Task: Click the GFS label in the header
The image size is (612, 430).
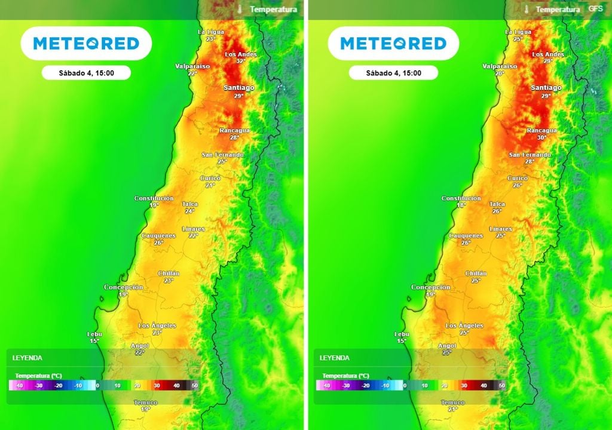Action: [595, 9]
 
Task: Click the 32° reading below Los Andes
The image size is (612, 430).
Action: [241, 61]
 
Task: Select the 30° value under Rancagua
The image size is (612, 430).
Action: [542, 137]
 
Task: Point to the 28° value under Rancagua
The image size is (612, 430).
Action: [234, 137]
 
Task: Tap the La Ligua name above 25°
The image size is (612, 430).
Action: [518, 32]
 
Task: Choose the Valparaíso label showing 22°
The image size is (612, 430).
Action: [192, 66]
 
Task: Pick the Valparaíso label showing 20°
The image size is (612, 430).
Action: [500, 66]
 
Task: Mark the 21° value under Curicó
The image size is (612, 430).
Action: [210, 185]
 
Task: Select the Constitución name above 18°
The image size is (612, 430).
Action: [461, 198]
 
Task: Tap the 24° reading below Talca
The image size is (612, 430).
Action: [189, 211]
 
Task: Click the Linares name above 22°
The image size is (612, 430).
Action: [192, 229]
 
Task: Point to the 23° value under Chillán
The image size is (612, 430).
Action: [169, 280]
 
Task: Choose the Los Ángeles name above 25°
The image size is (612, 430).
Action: [464, 325]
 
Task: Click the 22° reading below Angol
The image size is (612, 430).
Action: [139, 352]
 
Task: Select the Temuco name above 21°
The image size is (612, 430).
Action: [452, 403]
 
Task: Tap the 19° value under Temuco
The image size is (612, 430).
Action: [145, 410]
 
